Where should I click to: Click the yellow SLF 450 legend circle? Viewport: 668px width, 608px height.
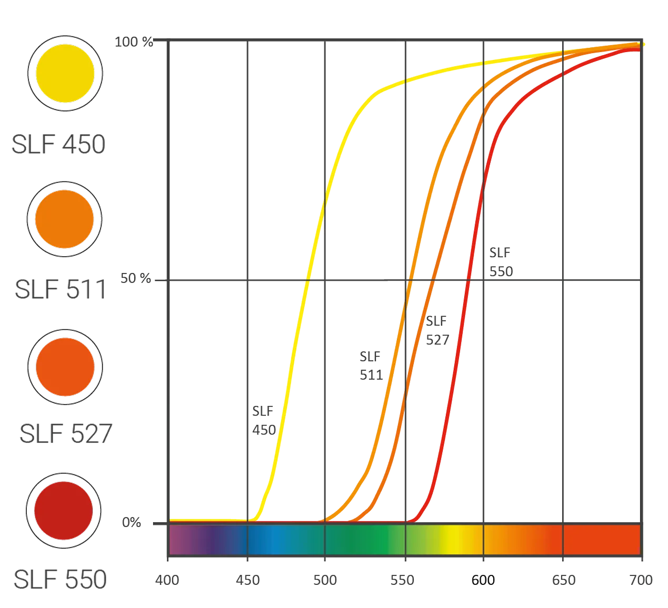[x=65, y=73]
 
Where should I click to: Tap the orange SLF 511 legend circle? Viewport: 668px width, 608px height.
[x=64, y=219]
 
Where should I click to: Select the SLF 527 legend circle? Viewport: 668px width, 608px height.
[x=65, y=367]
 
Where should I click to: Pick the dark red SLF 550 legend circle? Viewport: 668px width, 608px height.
[x=64, y=510]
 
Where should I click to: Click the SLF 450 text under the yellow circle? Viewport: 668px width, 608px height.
[x=58, y=145]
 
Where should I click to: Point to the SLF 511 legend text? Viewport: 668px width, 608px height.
[x=60, y=289]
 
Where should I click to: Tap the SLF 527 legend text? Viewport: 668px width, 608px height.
[x=66, y=433]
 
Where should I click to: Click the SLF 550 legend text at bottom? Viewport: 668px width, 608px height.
[x=59, y=580]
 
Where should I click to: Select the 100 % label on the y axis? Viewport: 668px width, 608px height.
[x=134, y=42]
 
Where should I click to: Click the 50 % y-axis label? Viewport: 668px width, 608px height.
[x=135, y=278]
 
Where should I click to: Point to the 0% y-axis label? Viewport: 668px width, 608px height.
[x=132, y=522]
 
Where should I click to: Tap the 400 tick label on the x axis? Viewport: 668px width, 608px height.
[x=167, y=580]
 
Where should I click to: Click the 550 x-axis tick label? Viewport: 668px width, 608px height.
[x=404, y=580]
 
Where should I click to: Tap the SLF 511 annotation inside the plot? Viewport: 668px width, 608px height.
[x=371, y=366]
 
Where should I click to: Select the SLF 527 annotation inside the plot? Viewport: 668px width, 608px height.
[x=437, y=330]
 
